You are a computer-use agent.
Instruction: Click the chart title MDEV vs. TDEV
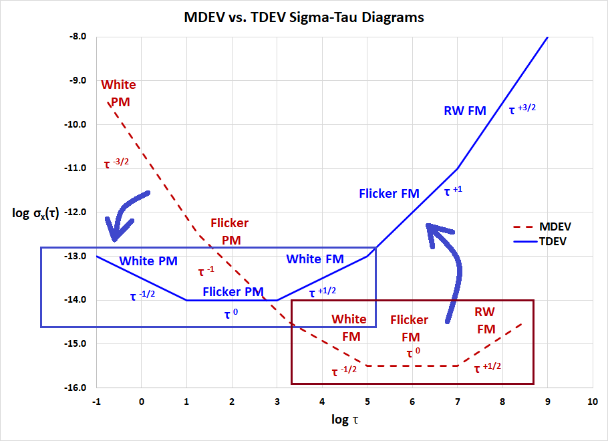[x=304, y=18]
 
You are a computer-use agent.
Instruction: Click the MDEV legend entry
[x=553, y=227]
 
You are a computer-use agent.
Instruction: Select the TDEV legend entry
[x=551, y=241]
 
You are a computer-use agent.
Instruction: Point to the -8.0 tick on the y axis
[x=79, y=37]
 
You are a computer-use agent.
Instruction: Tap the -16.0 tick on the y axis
[x=77, y=388]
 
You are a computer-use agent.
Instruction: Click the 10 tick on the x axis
[x=592, y=402]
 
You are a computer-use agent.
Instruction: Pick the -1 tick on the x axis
[x=96, y=402]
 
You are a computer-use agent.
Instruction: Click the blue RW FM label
[x=465, y=111]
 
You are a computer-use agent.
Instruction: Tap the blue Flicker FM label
[x=389, y=194]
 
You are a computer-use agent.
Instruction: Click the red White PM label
[x=119, y=94]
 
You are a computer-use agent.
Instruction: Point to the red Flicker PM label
[x=229, y=231]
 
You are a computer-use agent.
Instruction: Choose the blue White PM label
[x=148, y=261]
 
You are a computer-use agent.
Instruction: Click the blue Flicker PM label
[x=233, y=291]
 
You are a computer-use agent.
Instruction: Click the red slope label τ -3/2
[x=116, y=164]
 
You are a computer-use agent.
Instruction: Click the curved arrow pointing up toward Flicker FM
[x=446, y=267]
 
